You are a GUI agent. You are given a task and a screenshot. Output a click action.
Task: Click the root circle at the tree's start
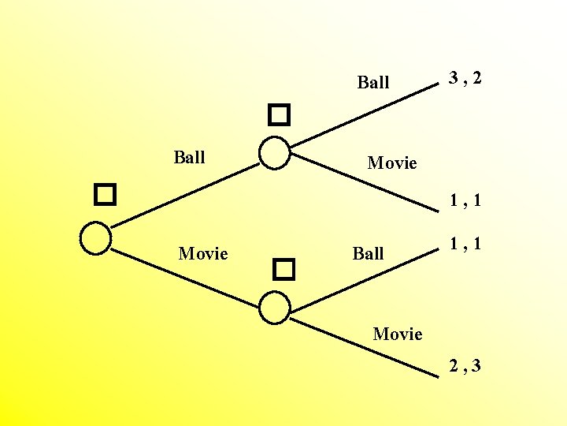(x=96, y=238)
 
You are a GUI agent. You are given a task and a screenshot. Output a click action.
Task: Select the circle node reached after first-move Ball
(x=275, y=153)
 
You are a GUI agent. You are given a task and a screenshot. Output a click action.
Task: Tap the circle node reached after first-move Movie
(x=275, y=307)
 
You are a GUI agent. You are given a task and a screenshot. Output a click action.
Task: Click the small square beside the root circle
(x=105, y=194)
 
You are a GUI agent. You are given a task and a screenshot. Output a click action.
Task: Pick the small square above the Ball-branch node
(x=279, y=117)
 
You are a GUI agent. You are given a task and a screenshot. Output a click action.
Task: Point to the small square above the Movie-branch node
(x=283, y=271)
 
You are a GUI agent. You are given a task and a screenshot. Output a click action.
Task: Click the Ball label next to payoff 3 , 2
(x=373, y=82)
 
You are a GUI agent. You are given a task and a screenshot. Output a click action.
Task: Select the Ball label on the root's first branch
(x=189, y=157)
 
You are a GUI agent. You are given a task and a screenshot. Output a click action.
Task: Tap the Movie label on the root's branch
(x=203, y=253)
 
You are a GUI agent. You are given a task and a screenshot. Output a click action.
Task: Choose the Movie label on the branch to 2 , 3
(x=398, y=334)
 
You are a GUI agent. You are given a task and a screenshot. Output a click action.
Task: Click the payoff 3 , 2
(x=465, y=78)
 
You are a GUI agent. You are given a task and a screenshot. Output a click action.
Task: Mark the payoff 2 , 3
(x=465, y=365)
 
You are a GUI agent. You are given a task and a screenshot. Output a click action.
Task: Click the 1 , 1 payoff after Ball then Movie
(x=465, y=201)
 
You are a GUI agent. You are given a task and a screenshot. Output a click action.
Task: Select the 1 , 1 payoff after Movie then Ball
(x=465, y=245)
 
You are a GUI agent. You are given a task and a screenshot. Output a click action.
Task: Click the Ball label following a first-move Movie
(x=369, y=253)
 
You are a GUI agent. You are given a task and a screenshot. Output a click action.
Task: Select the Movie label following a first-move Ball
(x=392, y=163)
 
